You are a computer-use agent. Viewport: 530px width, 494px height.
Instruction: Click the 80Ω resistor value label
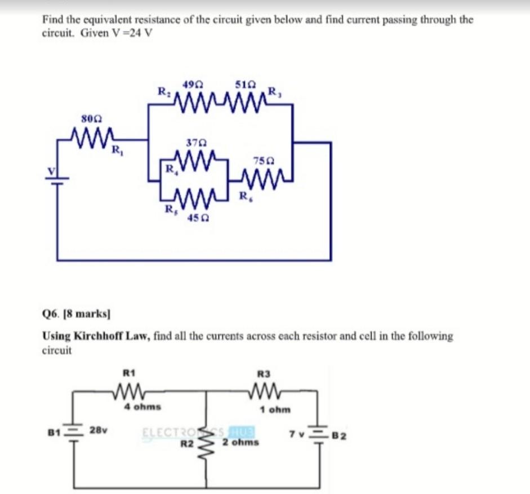coord(91,118)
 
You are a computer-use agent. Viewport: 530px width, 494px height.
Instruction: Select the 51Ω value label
coord(246,86)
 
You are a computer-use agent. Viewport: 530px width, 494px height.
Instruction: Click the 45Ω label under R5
coord(194,217)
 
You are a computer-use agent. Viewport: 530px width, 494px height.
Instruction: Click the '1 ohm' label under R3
coord(275,409)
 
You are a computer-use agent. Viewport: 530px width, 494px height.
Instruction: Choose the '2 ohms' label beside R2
coord(240,443)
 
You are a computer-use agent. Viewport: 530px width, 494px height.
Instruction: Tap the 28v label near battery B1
coord(99,430)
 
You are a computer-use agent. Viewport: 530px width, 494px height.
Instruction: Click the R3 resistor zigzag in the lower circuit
coord(263,390)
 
